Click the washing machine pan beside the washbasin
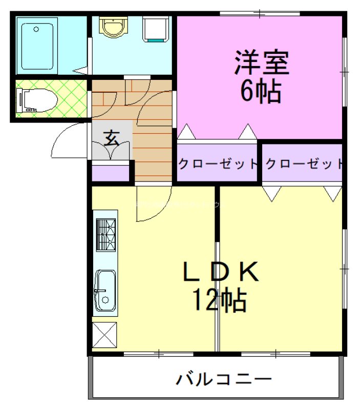pyautogui.click(x=156, y=29)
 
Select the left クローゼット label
pyautogui.click(x=217, y=165)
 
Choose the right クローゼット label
pyautogui.click(x=304, y=165)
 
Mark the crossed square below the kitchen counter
pyautogui.click(x=104, y=335)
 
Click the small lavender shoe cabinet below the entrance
pyautogui.click(x=110, y=173)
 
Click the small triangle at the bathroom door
pyautogui.click(x=80, y=71)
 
